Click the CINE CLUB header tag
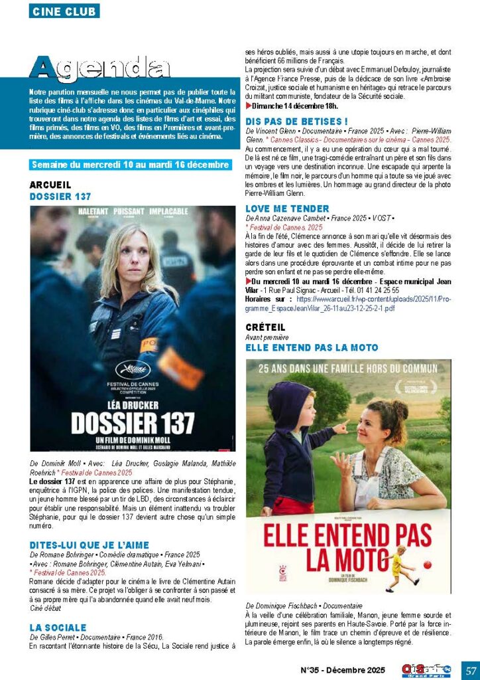click(64, 11)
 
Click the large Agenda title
click(99, 68)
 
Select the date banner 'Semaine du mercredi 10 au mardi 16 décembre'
click(130, 165)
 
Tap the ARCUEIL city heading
click(50, 185)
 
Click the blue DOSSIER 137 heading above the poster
click(60, 197)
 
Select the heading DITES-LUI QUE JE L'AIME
click(90, 545)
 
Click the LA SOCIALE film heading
click(58, 627)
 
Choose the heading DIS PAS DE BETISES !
click(296, 122)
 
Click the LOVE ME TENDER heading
click(278, 209)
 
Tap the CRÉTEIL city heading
click(265, 327)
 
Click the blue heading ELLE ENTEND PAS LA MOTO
click(312, 347)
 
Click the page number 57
click(470, 669)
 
